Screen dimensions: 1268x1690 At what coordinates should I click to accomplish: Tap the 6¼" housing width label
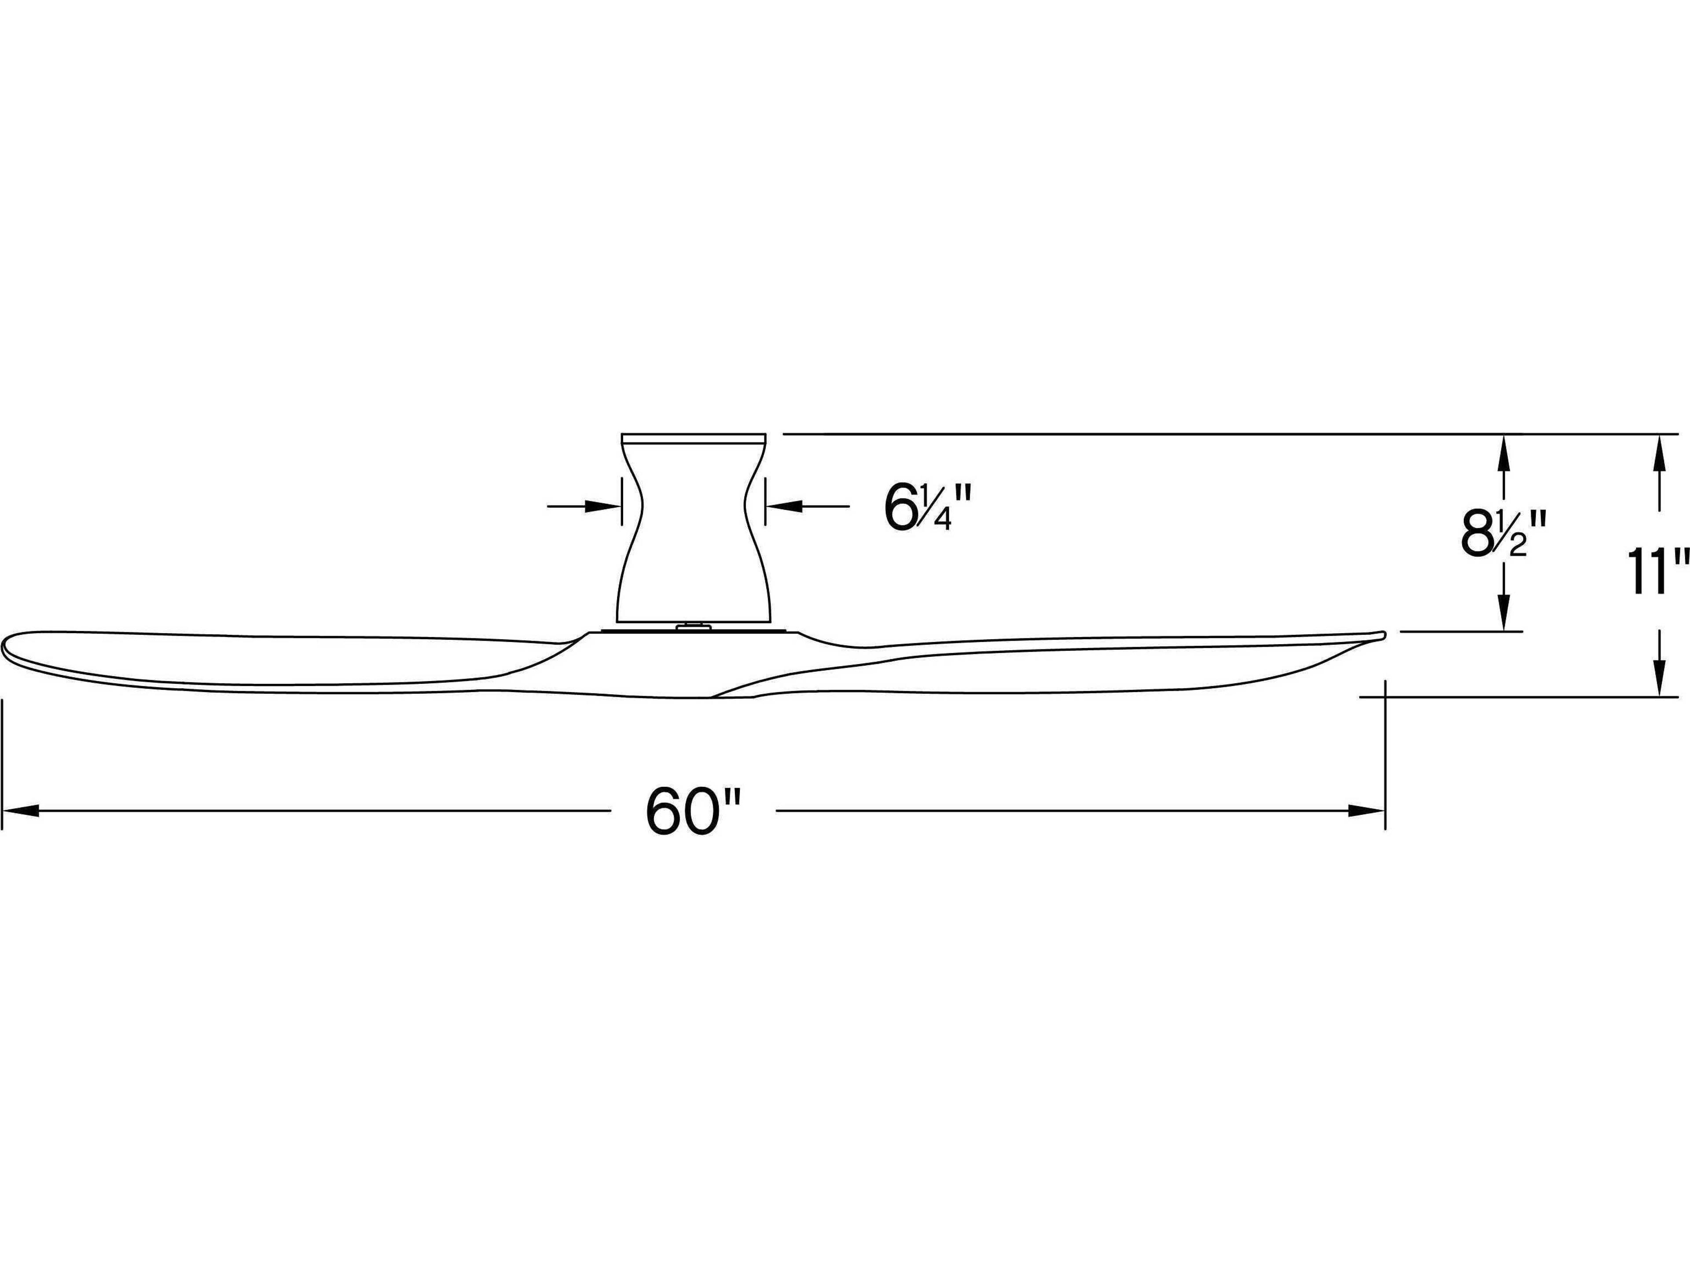tap(927, 507)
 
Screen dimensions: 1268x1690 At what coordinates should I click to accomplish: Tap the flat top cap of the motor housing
tap(694, 438)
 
